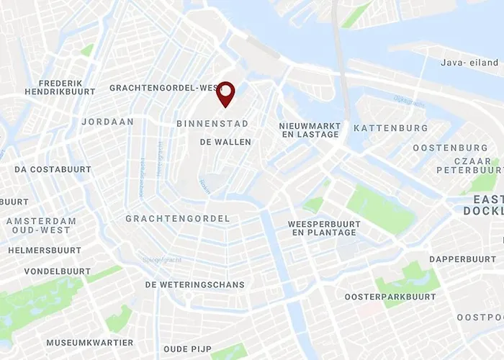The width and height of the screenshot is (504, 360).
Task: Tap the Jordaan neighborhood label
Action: [x=108, y=122]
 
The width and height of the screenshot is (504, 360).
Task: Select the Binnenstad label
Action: [x=212, y=124]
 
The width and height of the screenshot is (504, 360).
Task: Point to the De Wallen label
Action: [x=225, y=142]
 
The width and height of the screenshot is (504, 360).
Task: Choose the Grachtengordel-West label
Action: [x=163, y=88]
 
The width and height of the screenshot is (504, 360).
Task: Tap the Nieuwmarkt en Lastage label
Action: [x=310, y=130]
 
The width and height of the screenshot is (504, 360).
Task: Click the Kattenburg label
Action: [x=391, y=128]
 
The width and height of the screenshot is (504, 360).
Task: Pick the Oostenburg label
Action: [x=450, y=148]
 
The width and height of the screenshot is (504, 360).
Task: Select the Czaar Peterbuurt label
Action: [x=467, y=165]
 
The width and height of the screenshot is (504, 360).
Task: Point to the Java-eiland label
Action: [x=470, y=63]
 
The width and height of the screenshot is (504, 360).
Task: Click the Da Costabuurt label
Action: [x=53, y=169]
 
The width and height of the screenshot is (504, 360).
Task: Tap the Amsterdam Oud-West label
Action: [x=41, y=225]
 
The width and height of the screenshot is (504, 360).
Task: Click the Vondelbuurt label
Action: [x=58, y=271]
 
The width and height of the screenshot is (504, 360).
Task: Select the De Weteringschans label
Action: [x=194, y=284]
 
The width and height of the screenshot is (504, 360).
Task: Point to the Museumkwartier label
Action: [x=90, y=343]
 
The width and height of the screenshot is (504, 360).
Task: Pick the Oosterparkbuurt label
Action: [x=390, y=297]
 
